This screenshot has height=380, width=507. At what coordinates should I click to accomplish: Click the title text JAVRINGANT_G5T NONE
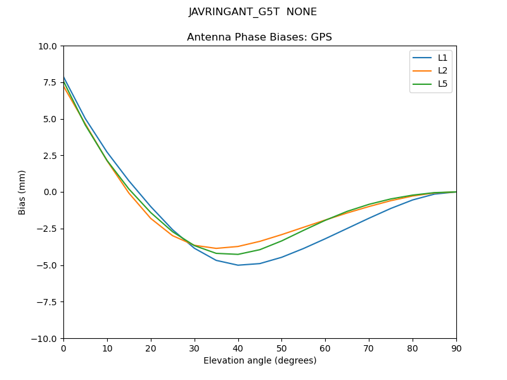pos(253,12)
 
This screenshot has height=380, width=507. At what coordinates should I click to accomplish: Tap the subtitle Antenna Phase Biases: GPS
pos(259,37)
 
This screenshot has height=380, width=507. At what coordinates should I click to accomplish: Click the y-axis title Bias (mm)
pos(22,192)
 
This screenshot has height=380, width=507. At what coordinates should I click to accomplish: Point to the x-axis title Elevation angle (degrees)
pos(260,361)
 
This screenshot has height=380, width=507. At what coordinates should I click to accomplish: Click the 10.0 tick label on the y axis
pos(47,46)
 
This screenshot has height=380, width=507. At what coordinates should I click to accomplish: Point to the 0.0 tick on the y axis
pos(49,192)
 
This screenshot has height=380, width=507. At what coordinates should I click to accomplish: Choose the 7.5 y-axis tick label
pos(49,82)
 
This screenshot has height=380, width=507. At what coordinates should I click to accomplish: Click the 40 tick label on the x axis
pos(238,348)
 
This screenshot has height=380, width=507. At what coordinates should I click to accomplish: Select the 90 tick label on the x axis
pos(456,348)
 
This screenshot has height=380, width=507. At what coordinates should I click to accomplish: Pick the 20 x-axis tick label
pos(151,348)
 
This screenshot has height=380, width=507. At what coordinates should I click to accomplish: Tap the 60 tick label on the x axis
pos(325,348)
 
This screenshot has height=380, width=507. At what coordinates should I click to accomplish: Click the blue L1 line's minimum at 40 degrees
pos(238,265)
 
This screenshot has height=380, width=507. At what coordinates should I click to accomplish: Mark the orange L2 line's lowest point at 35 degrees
pos(216,248)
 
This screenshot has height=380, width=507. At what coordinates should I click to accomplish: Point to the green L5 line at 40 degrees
pos(238,255)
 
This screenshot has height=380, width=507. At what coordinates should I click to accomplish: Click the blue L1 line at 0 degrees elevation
pos(64,77)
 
